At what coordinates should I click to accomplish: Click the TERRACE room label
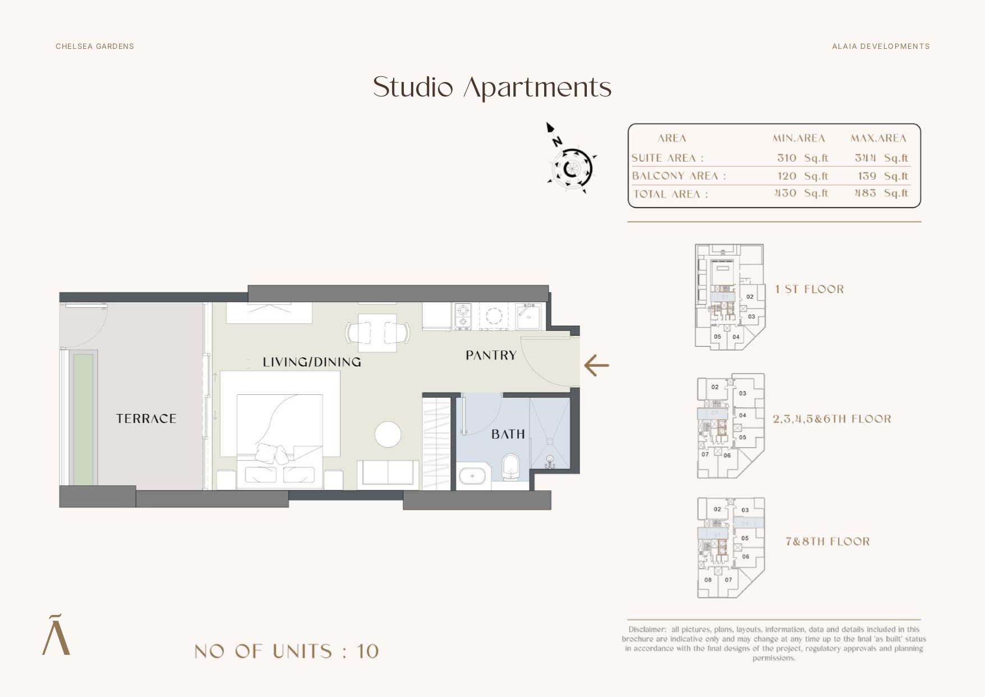tap(146, 418)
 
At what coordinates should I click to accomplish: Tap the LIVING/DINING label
tap(312, 362)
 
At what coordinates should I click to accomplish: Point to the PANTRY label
tap(491, 355)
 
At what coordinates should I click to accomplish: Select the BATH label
tap(508, 434)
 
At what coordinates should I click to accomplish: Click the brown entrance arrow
tap(596, 365)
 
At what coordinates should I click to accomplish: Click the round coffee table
tap(387, 434)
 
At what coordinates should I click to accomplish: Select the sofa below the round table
tap(388, 473)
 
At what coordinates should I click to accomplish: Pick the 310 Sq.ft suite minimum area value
tap(802, 158)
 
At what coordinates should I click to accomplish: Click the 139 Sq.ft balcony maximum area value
tap(882, 176)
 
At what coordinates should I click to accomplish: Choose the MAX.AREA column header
tap(878, 138)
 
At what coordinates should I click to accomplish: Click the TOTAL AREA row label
tap(670, 194)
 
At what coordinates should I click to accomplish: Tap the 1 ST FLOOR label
tap(809, 289)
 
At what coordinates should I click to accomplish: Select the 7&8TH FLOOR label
tap(827, 541)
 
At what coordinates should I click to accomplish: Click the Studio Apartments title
tap(492, 88)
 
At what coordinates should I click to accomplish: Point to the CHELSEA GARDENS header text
tap(95, 46)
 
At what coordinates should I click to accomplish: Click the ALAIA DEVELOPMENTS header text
tap(881, 46)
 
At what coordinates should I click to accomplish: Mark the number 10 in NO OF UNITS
tap(367, 652)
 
